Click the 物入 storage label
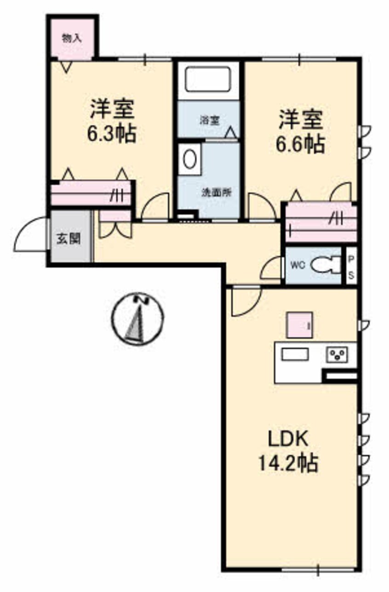coord(72,39)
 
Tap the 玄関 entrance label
coord(69,240)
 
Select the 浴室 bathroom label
coord(210,121)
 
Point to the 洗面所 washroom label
coord(217,192)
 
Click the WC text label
coord(298,265)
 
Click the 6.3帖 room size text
coord(112,133)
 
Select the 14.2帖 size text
coord(288,463)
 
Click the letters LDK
coord(288,439)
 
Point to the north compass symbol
coord(137,319)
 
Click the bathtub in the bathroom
coord(208,79)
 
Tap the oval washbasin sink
coord(190,159)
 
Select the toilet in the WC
coord(326,265)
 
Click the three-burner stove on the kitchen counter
coord(338,355)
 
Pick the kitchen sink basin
coord(295,354)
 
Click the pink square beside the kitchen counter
coord(300,325)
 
